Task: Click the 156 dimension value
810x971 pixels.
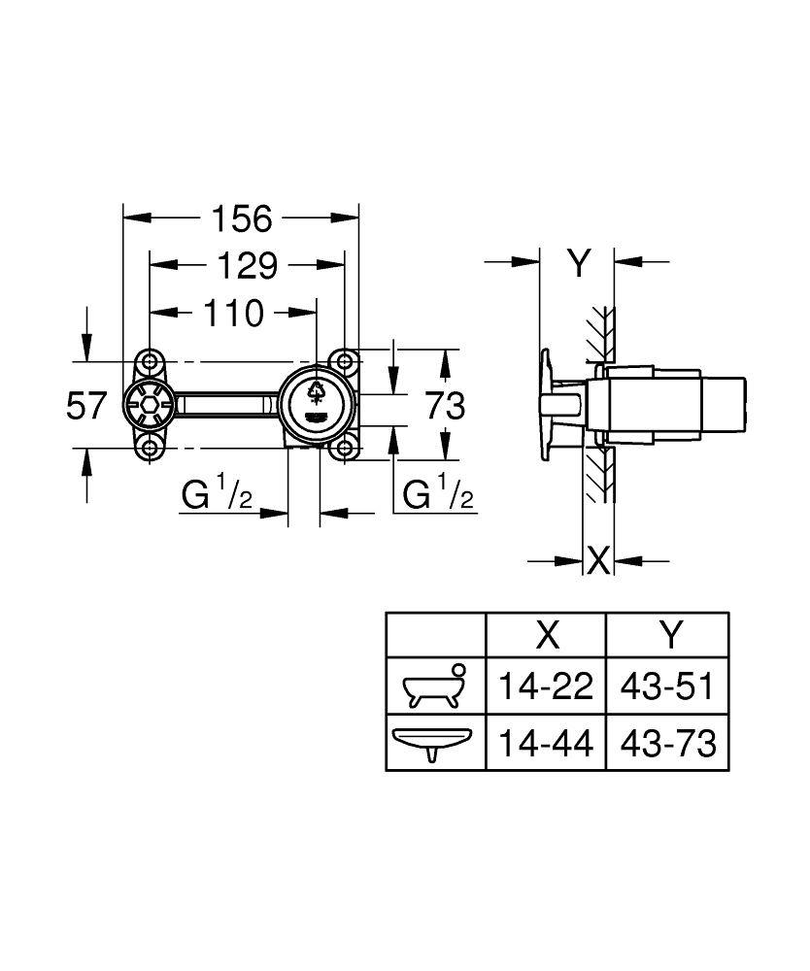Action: coord(242,218)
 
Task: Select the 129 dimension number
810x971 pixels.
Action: coord(247,266)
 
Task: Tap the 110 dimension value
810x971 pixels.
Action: coord(234,314)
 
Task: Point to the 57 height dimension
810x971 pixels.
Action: coord(86,406)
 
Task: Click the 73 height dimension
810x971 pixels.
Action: coord(445,406)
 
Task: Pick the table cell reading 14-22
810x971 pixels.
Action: coord(546,686)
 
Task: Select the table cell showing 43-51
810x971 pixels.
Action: coord(667,686)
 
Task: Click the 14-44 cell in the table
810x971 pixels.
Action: coord(546,743)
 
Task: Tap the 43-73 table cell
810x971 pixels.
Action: coord(668,743)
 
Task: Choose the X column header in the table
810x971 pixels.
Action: coord(548,635)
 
